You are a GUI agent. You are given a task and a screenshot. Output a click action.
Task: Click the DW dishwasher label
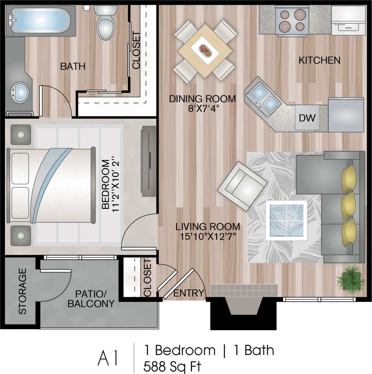tap(307, 118)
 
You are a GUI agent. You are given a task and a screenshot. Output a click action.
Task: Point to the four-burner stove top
tap(292, 20)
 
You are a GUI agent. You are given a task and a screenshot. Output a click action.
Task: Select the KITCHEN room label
tap(319, 60)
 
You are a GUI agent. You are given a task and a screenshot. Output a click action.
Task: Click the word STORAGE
tap(22, 291)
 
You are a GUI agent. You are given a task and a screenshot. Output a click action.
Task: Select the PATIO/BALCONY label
tap(91, 299)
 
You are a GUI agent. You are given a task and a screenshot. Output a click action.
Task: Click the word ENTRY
tap(189, 293)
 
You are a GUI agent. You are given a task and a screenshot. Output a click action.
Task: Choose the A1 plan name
tap(108, 358)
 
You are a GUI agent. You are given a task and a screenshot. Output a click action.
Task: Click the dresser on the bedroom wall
tap(148, 161)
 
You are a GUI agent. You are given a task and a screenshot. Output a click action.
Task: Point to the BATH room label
tap(73, 66)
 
